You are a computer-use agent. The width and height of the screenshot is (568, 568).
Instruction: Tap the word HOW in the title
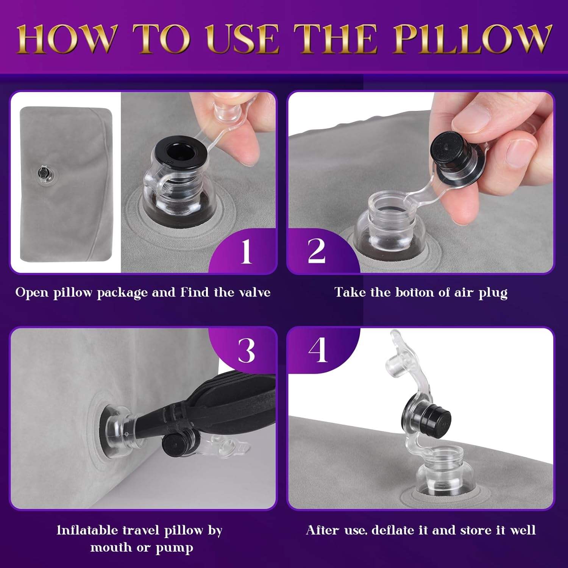[x=67, y=39]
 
